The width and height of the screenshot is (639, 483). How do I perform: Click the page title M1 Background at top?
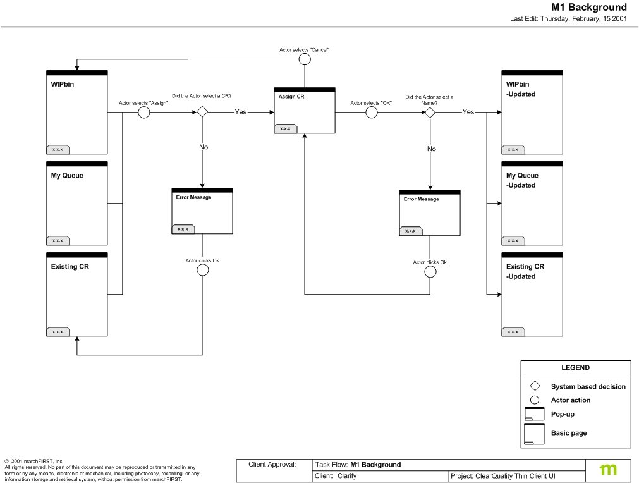pyautogui.click(x=589, y=8)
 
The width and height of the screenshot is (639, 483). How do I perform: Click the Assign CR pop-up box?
pyautogui.click(x=305, y=111)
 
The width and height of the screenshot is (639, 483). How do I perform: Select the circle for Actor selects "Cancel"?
pyautogui.click(x=305, y=59)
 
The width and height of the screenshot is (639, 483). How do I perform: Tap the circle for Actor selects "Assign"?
pyautogui.click(x=143, y=113)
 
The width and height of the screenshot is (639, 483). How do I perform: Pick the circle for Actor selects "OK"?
pyautogui.click(x=372, y=113)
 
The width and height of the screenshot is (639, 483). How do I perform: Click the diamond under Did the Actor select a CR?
pyautogui.click(x=202, y=112)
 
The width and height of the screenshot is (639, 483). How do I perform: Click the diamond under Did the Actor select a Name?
pyautogui.click(x=430, y=112)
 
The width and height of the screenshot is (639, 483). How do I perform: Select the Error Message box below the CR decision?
pyautogui.click(x=202, y=211)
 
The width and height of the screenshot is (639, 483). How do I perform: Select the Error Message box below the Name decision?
pyautogui.click(x=430, y=212)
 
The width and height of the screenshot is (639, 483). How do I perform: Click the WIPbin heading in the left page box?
pyautogui.click(x=63, y=84)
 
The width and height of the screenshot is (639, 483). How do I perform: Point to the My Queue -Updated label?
pyautogui.click(x=522, y=180)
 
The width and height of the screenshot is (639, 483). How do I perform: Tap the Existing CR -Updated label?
pyautogui.click(x=525, y=271)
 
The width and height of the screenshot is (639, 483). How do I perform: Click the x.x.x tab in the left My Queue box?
pyautogui.click(x=58, y=241)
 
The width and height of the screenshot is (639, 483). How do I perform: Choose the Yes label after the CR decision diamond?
pyautogui.click(x=241, y=112)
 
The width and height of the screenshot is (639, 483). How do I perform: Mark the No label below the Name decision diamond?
pyautogui.click(x=431, y=149)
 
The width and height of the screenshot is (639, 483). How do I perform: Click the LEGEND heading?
pyautogui.click(x=575, y=367)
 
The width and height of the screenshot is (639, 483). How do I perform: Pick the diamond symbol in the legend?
pyautogui.click(x=535, y=386)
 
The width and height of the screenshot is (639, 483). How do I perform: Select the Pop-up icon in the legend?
pyautogui.click(x=535, y=414)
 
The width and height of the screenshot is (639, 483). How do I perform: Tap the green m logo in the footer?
pyautogui.click(x=609, y=470)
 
